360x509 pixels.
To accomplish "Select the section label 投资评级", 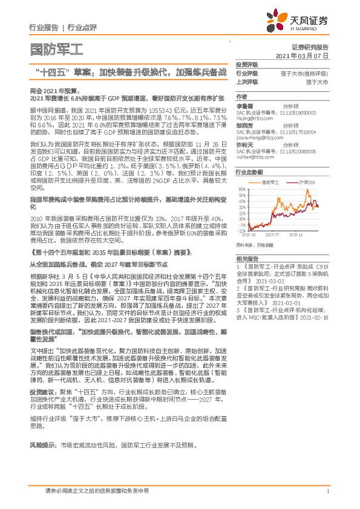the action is coord(246,64).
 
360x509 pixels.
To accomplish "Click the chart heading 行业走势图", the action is coord(248,172).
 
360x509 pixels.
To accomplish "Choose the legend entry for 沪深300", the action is coord(307,181).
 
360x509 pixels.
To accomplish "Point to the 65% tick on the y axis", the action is coord(242,189).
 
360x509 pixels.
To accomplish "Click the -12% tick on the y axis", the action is coord(241,230).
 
